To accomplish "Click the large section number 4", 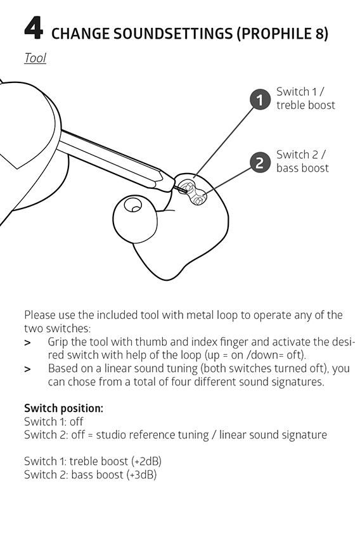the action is click(x=34, y=29).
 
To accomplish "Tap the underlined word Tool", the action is click(x=35, y=58).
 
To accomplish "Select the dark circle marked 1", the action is click(x=260, y=100).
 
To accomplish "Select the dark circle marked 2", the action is click(x=260, y=162).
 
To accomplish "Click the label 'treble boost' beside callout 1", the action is click(x=305, y=105).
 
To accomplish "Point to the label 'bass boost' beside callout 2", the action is click(x=302, y=168).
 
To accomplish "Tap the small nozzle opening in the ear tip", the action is click(x=132, y=205).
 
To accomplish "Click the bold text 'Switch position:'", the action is click(x=63, y=408).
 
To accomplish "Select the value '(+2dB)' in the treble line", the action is click(x=146, y=461).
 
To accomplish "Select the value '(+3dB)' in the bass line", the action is click(x=141, y=475).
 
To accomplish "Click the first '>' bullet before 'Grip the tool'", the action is click(x=27, y=343).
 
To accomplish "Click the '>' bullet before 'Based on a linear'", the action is click(x=27, y=369).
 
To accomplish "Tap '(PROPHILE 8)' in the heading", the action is click(x=282, y=34).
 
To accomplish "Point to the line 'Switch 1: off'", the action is click(x=54, y=421).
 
